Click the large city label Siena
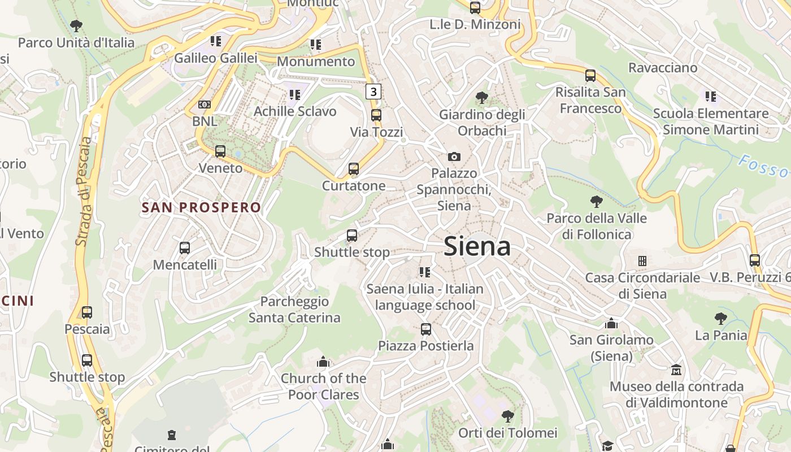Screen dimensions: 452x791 tap(477, 246)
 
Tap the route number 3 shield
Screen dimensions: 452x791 tap(373, 92)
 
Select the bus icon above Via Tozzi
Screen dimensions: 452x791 tap(376, 115)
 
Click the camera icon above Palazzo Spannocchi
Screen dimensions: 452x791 tap(454, 157)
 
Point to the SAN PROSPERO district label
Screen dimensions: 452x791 tap(201, 207)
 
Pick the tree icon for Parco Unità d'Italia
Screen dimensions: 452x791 tap(76, 25)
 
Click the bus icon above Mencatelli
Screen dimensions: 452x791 tap(184, 247)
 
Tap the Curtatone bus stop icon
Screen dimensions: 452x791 tap(354, 168)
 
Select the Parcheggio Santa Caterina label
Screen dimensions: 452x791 tap(294, 310)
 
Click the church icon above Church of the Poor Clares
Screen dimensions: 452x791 tap(323, 361)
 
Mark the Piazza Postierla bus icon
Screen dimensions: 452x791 tap(426, 329)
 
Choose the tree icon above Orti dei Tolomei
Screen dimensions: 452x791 tap(507, 416)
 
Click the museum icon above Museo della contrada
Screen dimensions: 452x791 tap(676, 370)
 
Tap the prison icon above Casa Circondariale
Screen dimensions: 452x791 tap(642, 261)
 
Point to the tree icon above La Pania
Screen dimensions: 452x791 tap(720, 319)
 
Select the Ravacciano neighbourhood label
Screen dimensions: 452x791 tap(663, 68)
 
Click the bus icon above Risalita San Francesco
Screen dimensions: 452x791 tap(590, 75)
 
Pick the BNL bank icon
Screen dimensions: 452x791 tap(205, 105)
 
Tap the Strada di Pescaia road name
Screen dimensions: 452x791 tap(83, 192)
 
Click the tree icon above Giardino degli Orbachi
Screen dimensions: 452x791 tap(481, 98)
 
